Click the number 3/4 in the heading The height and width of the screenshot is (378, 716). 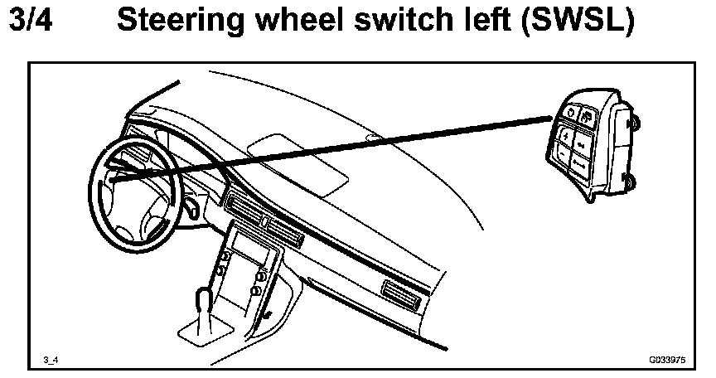pos(31,22)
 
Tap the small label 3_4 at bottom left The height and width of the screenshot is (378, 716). pos(51,360)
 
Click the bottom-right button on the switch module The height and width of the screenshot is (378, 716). pos(580,164)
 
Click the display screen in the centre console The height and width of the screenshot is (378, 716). pos(249,245)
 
